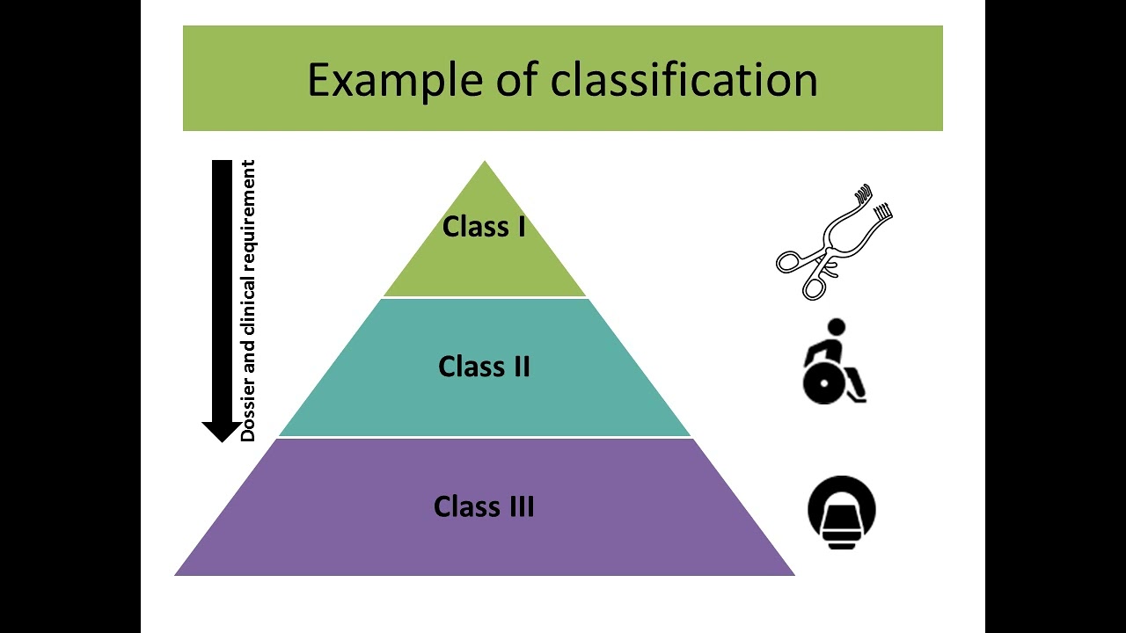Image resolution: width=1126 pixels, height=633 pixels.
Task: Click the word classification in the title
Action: [x=684, y=79]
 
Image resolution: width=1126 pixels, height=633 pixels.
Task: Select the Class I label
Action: [x=484, y=227]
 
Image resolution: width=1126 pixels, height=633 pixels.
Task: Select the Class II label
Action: [x=484, y=367]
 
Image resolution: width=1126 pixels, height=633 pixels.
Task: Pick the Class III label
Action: [x=484, y=507]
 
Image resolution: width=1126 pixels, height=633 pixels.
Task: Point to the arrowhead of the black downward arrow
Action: [x=222, y=431]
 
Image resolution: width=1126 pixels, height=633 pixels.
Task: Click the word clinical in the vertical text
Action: [x=248, y=303]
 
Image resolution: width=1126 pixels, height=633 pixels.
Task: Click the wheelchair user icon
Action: [x=834, y=361]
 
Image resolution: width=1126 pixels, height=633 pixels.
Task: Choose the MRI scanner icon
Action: [x=842, y=513]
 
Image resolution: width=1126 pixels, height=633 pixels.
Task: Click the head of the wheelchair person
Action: [x=837, y=327]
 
